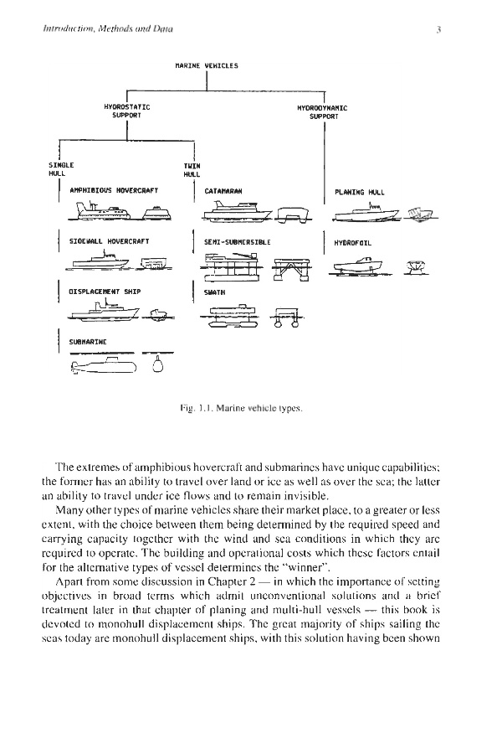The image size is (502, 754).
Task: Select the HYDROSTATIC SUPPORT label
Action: coord(126,111)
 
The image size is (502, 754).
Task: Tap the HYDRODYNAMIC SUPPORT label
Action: coord(322,111)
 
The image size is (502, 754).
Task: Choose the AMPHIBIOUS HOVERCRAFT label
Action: coord(108,191)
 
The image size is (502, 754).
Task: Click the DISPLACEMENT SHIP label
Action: coord(105,291)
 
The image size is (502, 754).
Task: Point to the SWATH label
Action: coord(213,291)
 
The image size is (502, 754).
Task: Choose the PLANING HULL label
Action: coord(359,192)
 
